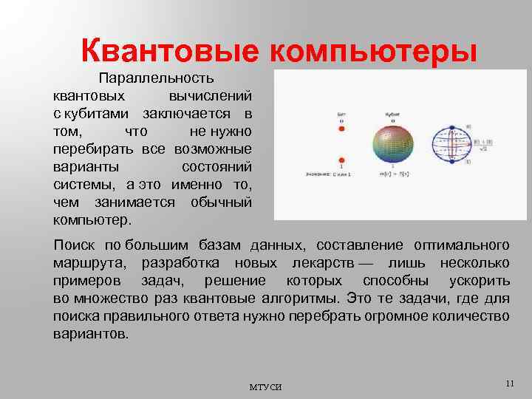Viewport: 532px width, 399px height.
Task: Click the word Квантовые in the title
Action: coord(168,52)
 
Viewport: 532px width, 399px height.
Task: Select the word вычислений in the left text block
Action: coord(211,96)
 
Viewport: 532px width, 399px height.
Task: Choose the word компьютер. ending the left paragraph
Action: coord(92,220)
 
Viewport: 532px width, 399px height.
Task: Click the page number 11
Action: coord(508,383)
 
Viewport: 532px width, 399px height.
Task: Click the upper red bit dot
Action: coord(341,129)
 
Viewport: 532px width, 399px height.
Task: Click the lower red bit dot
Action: coord(341,159)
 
